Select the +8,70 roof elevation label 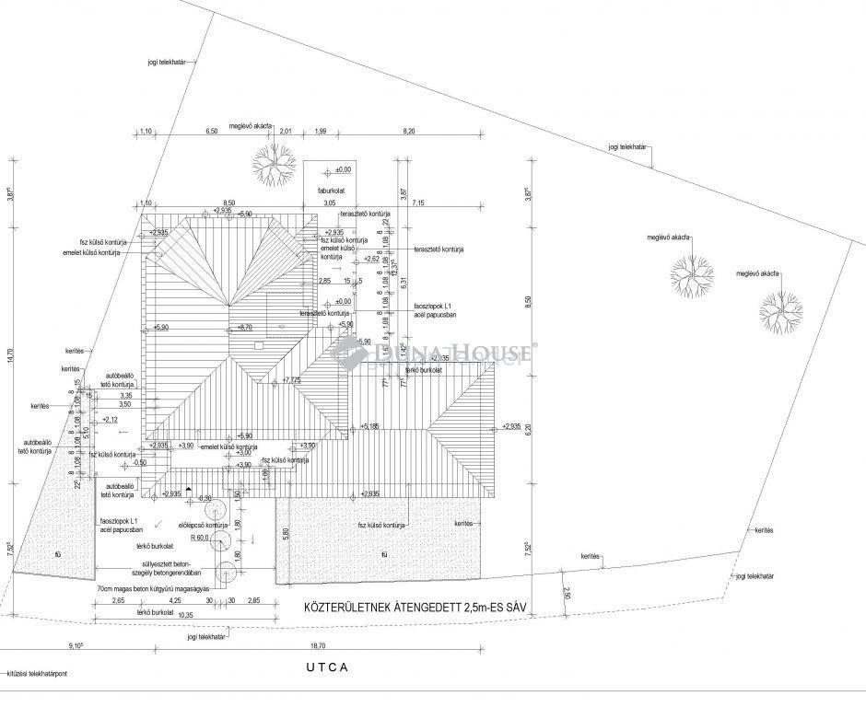click(x=243, y=328)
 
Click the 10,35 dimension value click(x=185, y=614)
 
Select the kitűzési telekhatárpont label click(x=38, y=674)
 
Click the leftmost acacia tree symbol click(x=269, y=161)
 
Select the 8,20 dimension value click(x=409, y=132)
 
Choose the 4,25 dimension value click(x=174, y=601)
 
